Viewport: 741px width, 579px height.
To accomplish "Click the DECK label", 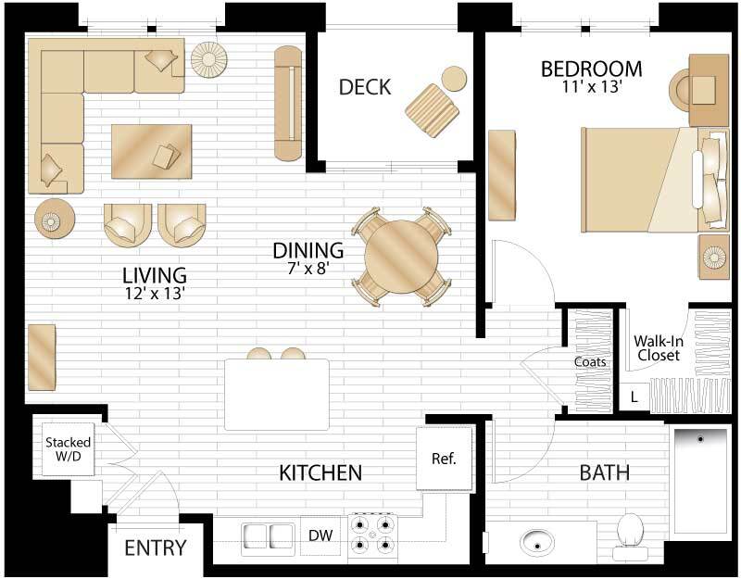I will [x=365, y=87].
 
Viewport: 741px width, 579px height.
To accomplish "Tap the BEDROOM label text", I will [x=592, y=69].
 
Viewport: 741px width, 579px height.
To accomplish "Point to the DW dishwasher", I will [x=320, y=535].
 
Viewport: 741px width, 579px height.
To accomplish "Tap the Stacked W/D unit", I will [x=68, y=448].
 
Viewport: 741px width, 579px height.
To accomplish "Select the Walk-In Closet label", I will [x=657, y=347].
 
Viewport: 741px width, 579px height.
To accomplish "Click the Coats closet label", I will [x=589, y=362].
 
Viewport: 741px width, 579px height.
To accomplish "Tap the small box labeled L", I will [x=634, y=396].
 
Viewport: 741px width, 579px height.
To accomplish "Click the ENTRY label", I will [x=156, y=548].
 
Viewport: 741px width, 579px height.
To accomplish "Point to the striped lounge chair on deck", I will [x=432, y=109].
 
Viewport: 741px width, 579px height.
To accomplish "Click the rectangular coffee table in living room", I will [x=151, y=150].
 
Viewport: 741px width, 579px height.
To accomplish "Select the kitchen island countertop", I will [x=277, y=394].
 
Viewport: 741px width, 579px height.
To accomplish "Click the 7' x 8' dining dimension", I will [x=308, y=269].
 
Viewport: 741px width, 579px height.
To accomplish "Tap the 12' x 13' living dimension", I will [x=155, y=294].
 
